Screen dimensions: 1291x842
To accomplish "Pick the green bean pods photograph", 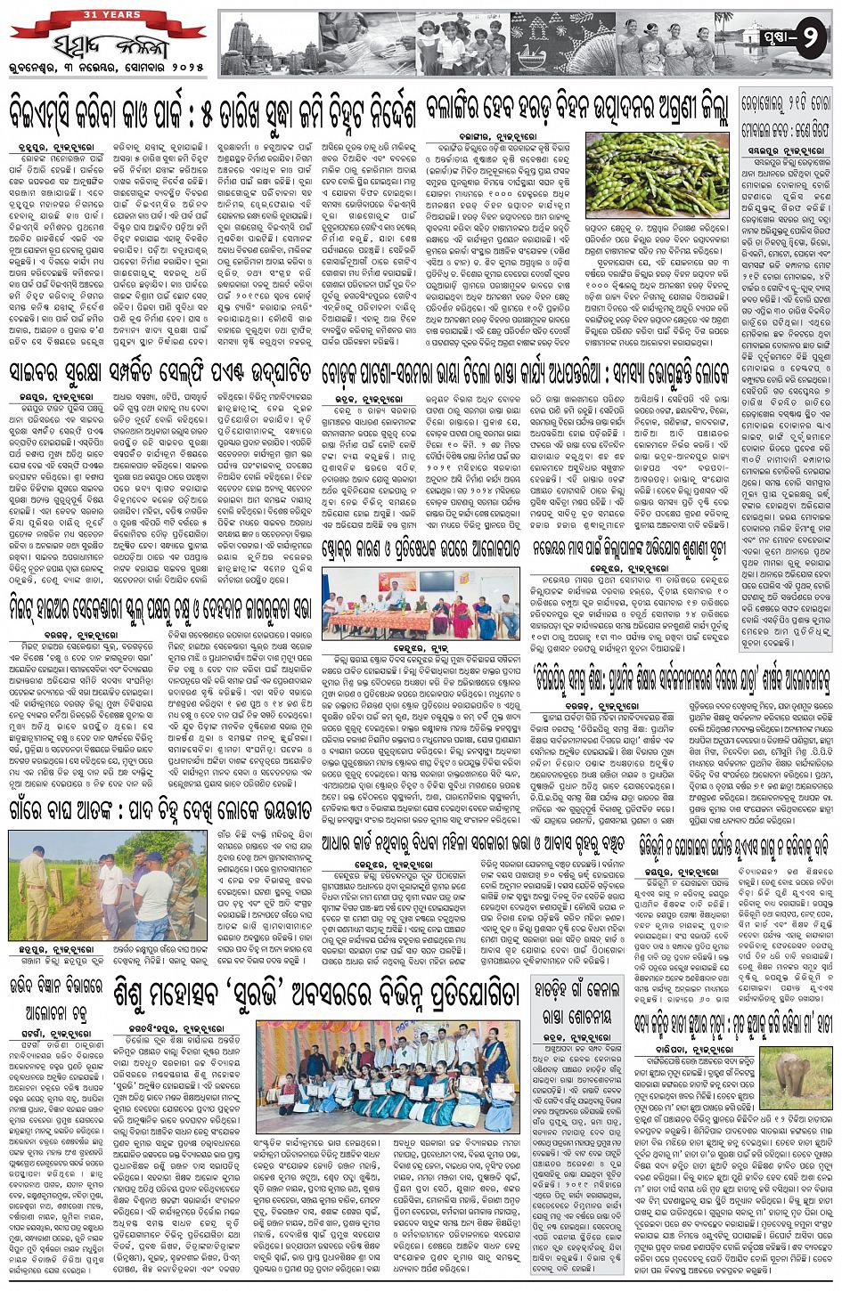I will pos(658,174).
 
